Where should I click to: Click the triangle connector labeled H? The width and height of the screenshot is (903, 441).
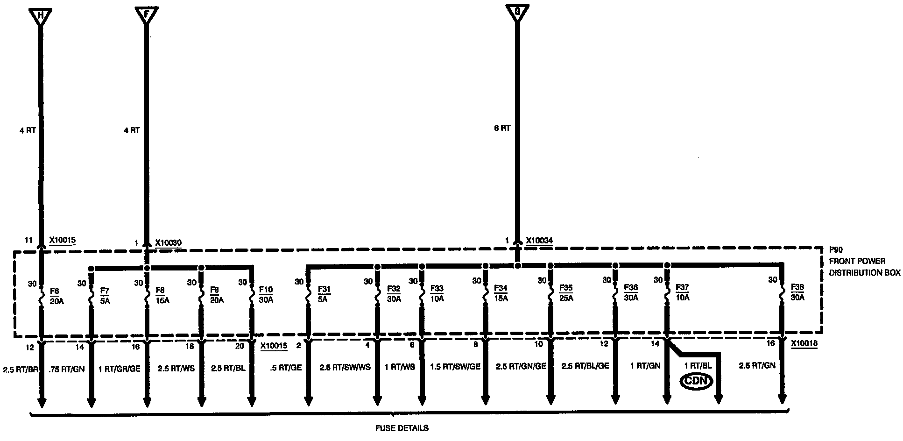pos(41,15)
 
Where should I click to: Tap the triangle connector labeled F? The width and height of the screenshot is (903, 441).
pos(147,15)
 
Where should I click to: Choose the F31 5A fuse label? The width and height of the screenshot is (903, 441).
pos(324,294)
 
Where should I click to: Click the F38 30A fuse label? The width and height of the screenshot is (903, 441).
pos(797,292)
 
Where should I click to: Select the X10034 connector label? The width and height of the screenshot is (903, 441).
pos(539,241)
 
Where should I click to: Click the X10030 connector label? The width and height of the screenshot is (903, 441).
pos(168,243)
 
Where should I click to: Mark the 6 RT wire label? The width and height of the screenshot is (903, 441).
pos(502,128)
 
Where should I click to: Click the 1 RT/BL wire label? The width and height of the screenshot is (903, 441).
pos(698,366)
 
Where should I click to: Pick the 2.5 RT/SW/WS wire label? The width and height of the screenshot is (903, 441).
pos(345,367)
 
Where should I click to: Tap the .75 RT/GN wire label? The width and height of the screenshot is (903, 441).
pos(67,369)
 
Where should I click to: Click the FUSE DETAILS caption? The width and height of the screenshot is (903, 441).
pos(402,428)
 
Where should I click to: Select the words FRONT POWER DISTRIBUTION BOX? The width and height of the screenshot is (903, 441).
pos(864,267)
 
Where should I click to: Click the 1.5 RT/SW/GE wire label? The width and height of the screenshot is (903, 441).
pos(455,367)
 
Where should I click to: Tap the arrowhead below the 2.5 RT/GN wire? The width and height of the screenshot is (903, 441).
pos(782,399)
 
